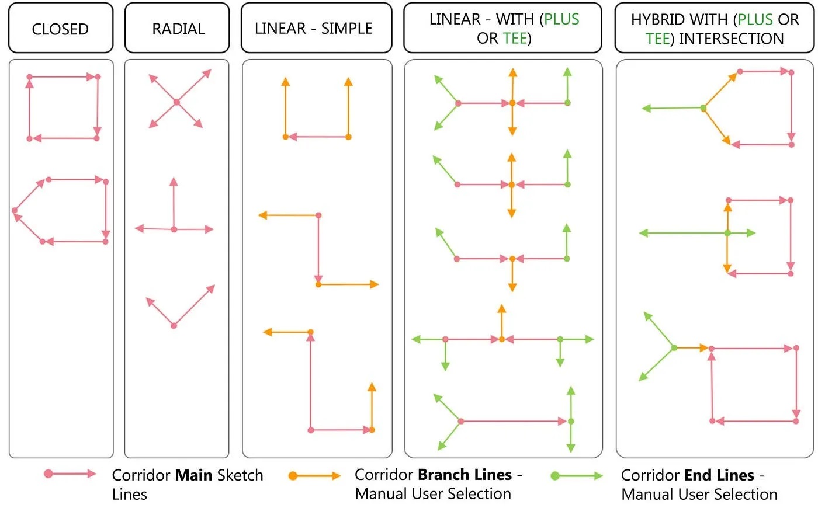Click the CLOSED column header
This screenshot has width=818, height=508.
click(x=60, y=29)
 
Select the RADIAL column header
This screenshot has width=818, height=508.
click(x=178, y=29)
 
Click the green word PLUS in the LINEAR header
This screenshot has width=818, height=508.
click(x=561, y=19)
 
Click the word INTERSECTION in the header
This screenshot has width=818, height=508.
click(x=731, y=39)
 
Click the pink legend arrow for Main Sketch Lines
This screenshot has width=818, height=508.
click(x=71, y=474)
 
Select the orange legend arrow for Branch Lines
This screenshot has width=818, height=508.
click(x=315, y=476)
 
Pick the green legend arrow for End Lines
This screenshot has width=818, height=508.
click(x=577, y=476)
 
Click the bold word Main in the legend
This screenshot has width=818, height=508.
click(x=194, y=475)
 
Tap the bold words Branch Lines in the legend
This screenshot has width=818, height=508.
click(x=465, y=475)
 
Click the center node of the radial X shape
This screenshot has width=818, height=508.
click(x=176, y=102)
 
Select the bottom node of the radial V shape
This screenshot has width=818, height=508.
click(x=174, y=325)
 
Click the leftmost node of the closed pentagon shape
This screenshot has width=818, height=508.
click(x=15, y=210)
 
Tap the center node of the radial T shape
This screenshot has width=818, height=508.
click(x=174, y=229)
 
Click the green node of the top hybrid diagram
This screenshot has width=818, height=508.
click(x=703, y=108)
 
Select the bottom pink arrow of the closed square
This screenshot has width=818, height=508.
click(x=64, y=138)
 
